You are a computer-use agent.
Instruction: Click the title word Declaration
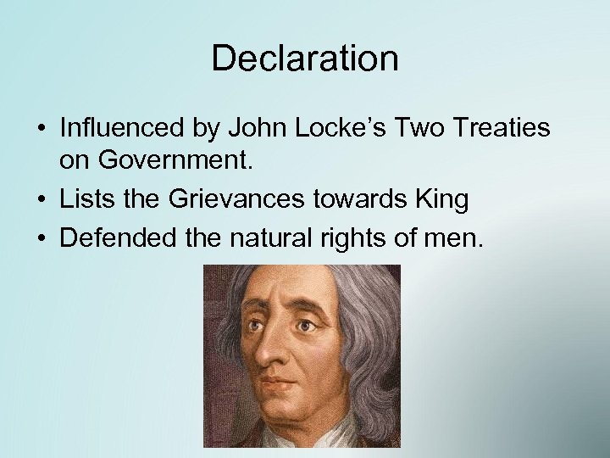304,59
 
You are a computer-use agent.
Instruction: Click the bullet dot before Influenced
41,131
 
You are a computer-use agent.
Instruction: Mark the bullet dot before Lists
41,200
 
